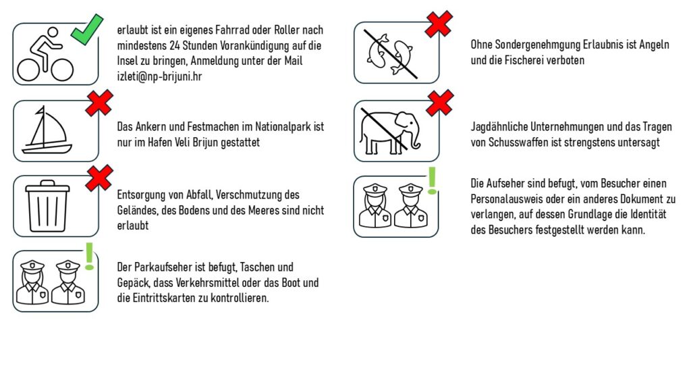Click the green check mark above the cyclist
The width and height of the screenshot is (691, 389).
(87, 30)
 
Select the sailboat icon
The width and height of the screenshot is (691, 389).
(47, 130)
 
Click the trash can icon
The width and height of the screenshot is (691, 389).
(48, 206)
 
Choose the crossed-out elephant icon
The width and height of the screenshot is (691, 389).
(390, 131)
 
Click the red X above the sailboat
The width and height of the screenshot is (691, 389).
(99, 103)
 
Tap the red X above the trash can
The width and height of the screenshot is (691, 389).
(99, 178)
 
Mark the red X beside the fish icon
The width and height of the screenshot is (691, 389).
(439, 24)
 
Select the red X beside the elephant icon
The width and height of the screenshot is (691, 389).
(440, 103)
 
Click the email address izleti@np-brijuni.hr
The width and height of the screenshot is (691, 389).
(159, 76)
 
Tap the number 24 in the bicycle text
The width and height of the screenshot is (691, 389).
(175, 45)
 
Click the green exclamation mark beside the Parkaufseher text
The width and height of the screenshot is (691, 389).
(90, 256)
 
